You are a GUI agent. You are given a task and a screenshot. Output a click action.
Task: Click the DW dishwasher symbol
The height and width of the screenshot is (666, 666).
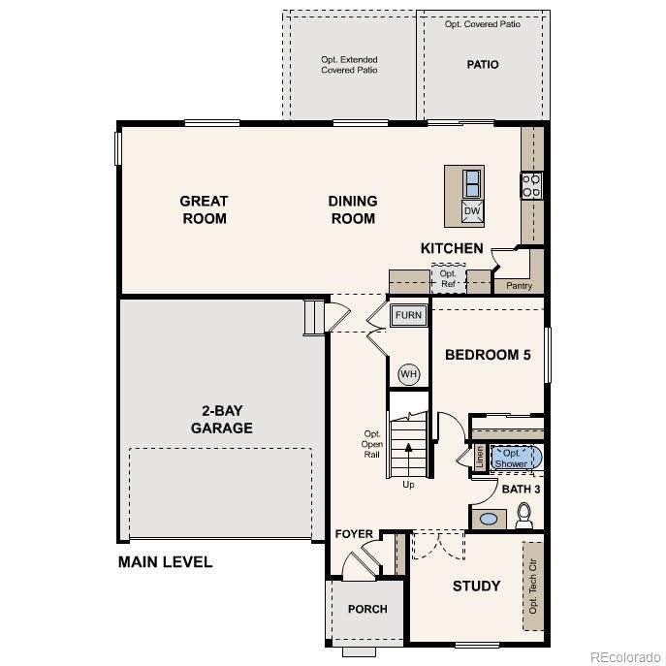[x=472, y=211]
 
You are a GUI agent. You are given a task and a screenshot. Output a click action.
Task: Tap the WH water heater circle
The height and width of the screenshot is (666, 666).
[x=408, y=374]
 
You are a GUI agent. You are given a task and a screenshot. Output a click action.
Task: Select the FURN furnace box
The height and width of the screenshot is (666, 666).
[x=408, y=315]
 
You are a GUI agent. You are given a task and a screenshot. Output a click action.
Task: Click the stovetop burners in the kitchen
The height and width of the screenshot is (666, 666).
[x=531, y=185]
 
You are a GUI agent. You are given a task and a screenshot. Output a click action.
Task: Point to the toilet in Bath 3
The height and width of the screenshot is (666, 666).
[x=524, y=515]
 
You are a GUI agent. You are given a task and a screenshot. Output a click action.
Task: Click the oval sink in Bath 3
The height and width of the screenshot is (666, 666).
[x=489, y=519]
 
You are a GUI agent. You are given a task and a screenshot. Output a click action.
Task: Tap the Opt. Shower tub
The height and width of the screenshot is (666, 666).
[x=516, y=458]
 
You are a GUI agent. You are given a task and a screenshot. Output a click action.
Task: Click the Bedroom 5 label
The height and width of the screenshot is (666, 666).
[x=488, y=355]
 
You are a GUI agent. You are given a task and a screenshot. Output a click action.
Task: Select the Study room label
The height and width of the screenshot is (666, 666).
[x=476, y=587]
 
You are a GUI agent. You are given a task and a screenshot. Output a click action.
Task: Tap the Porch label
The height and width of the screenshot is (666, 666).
[x=367, y=609]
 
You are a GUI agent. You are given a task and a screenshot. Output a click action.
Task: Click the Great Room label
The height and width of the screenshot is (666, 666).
[x=204, y=209]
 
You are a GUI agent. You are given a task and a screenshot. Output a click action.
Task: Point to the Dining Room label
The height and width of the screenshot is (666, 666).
[x=353, y=209]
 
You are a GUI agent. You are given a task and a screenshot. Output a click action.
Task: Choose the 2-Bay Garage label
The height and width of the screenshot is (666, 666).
[x=222, y=419]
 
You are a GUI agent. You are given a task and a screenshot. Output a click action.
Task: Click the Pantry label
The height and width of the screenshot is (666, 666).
[x=519, y=286]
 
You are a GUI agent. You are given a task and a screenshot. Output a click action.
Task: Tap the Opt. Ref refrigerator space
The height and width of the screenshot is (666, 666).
[x=449, y=278]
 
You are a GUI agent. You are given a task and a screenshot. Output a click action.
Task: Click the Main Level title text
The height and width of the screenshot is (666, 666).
[x=165, y=562]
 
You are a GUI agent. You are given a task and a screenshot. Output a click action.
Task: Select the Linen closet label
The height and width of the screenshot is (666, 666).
[x=480, y=458]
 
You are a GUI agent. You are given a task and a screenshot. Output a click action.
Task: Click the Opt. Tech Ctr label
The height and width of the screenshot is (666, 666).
[x=533, y=587]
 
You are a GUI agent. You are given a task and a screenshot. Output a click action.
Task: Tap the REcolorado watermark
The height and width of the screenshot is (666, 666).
[x=625, y=657]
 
